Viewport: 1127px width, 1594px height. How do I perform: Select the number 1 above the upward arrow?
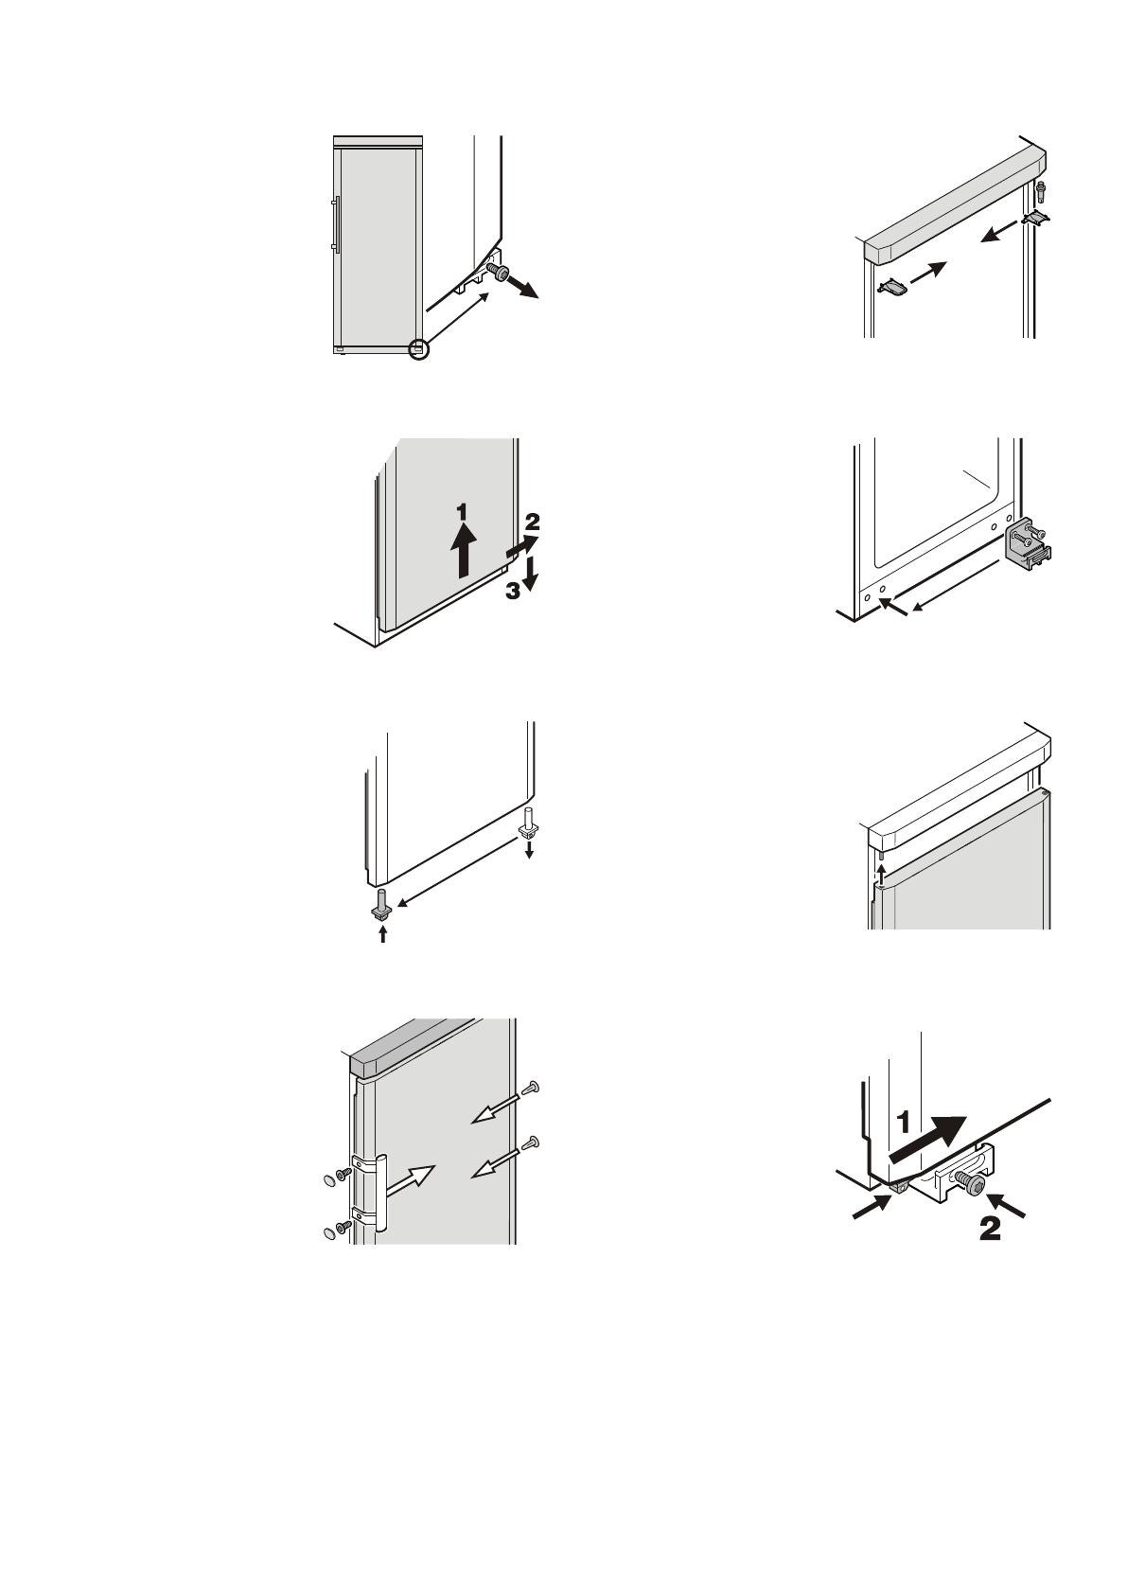461,511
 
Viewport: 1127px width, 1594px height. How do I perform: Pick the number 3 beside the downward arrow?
512,592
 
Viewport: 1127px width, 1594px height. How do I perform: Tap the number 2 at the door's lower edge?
532,521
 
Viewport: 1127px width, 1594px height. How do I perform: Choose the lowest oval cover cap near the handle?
328,1231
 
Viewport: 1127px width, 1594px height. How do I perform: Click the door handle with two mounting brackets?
381,1192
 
